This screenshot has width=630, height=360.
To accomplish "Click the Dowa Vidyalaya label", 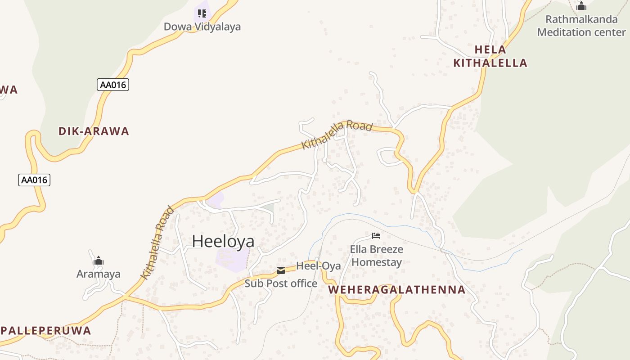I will coord(202,27).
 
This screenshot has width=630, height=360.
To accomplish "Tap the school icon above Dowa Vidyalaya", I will coord(202,13).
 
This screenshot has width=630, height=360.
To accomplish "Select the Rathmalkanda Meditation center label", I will coord(581,26).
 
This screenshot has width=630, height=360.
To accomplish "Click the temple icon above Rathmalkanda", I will coord(581,6).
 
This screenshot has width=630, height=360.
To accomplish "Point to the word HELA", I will coord(490,49).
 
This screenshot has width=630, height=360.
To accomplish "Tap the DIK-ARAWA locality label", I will coord(94,131).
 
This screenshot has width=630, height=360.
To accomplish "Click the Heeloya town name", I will coord(223,241).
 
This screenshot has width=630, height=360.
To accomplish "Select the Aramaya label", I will coord(99,274).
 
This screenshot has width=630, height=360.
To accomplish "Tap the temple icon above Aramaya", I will coord(99,261).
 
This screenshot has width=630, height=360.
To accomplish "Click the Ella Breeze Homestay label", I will coord(377,256).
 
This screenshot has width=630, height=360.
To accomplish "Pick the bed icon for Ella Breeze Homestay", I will coord(376,236).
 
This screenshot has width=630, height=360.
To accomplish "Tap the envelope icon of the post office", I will coord(281,270).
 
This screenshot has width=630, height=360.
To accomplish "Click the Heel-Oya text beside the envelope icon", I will coord(318,266).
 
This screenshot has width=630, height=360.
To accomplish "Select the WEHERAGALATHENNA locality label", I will coord(396,290).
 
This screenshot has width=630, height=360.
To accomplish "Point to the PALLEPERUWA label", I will coord(45,331).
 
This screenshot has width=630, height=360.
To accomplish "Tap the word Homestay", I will coord(377,262).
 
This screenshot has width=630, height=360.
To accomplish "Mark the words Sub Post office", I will coord(281,283).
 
